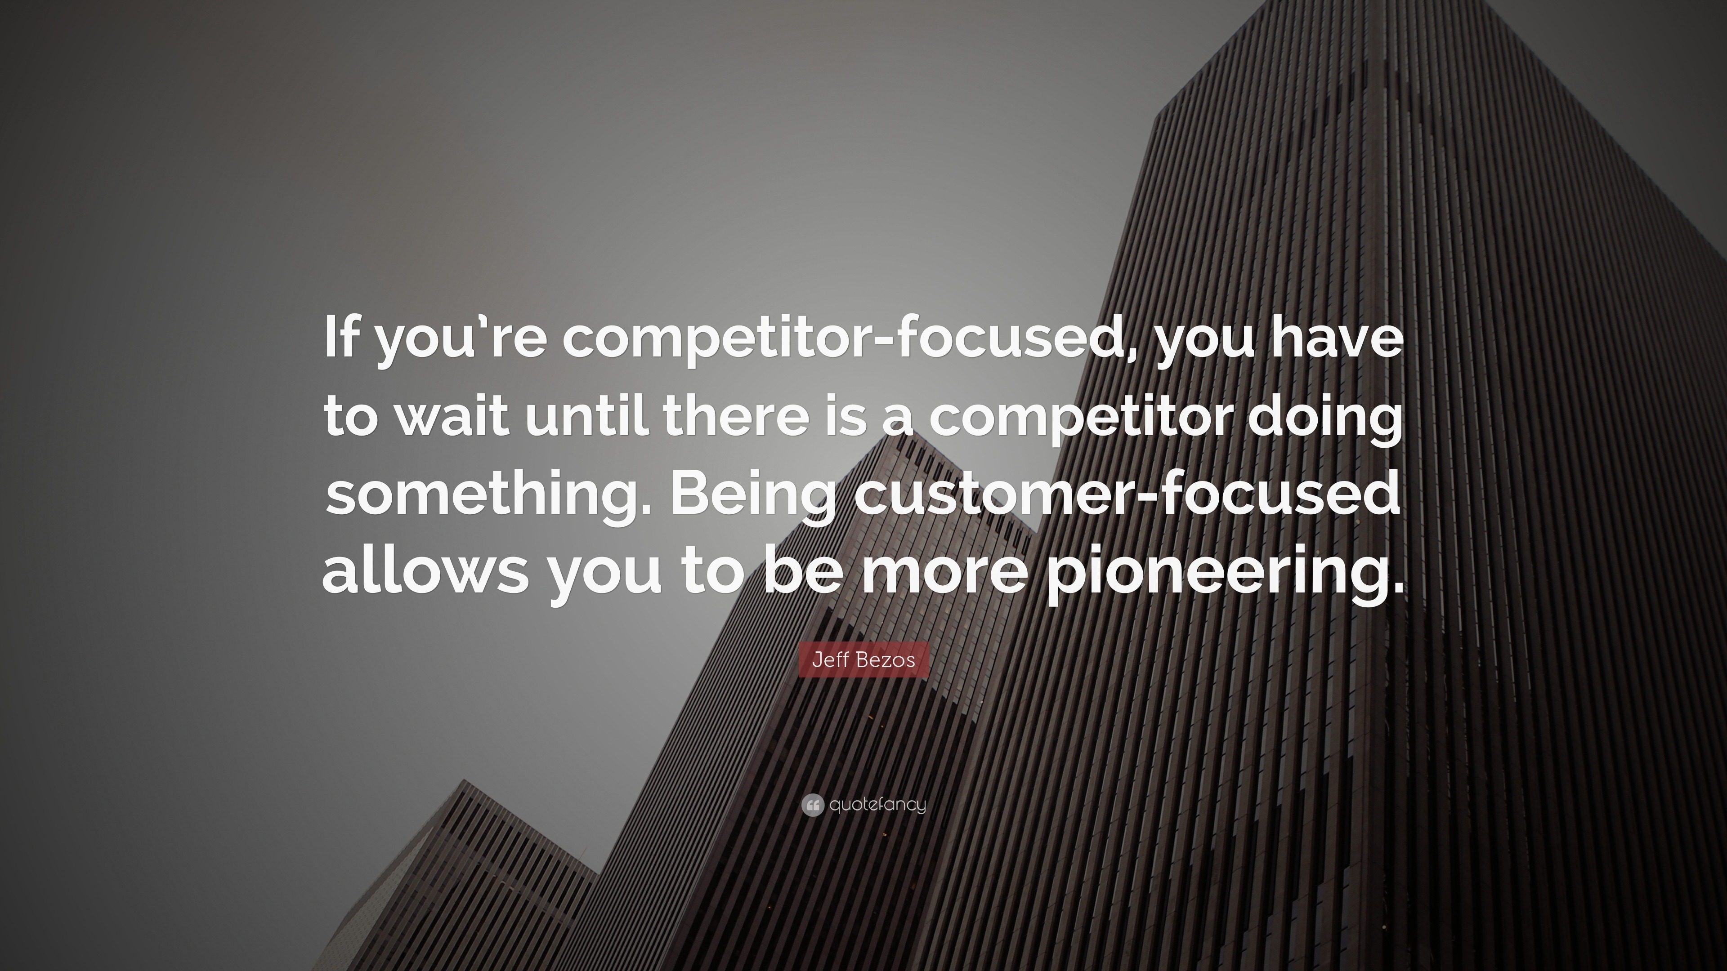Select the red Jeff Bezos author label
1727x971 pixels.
click(863, 660)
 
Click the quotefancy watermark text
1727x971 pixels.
click(877, 805)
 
